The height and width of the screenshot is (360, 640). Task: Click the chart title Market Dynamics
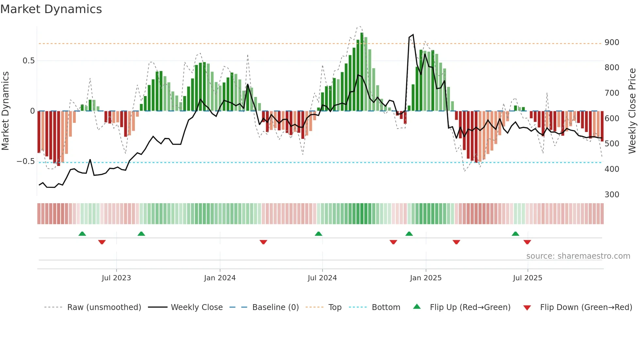pyautogui.click(x=51, y=9)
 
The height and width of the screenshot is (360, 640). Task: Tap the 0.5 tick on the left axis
pyautogui.click(x=28, y=61)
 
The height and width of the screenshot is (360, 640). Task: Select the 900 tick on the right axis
pyautogui.click(x=612, y=42)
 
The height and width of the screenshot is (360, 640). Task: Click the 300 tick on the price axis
pyautogui.click(x=612, y=195)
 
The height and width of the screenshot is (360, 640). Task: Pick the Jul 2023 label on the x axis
pyautogui.click(x=116, y=278)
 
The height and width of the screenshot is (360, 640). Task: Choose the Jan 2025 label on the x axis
pyautogui.click(x=425, y=278)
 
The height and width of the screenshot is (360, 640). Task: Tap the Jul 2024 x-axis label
pyautogui.click(x=322, y=278)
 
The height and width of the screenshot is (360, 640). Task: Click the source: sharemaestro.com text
pyautogui.click(x=578, y=256)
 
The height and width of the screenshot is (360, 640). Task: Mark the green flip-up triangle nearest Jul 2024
pyautogui.click(x=318, y=234)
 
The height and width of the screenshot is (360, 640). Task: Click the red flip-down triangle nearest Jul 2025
pyautogui.click(x=527, y=242)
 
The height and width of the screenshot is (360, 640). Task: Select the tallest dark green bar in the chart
pyautogui.click(x=362, y=72)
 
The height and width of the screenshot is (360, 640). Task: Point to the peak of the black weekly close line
pyautogui.click(x=413, y=35)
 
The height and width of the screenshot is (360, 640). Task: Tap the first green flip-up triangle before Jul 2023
pyautogui.click(x=82, y=234)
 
